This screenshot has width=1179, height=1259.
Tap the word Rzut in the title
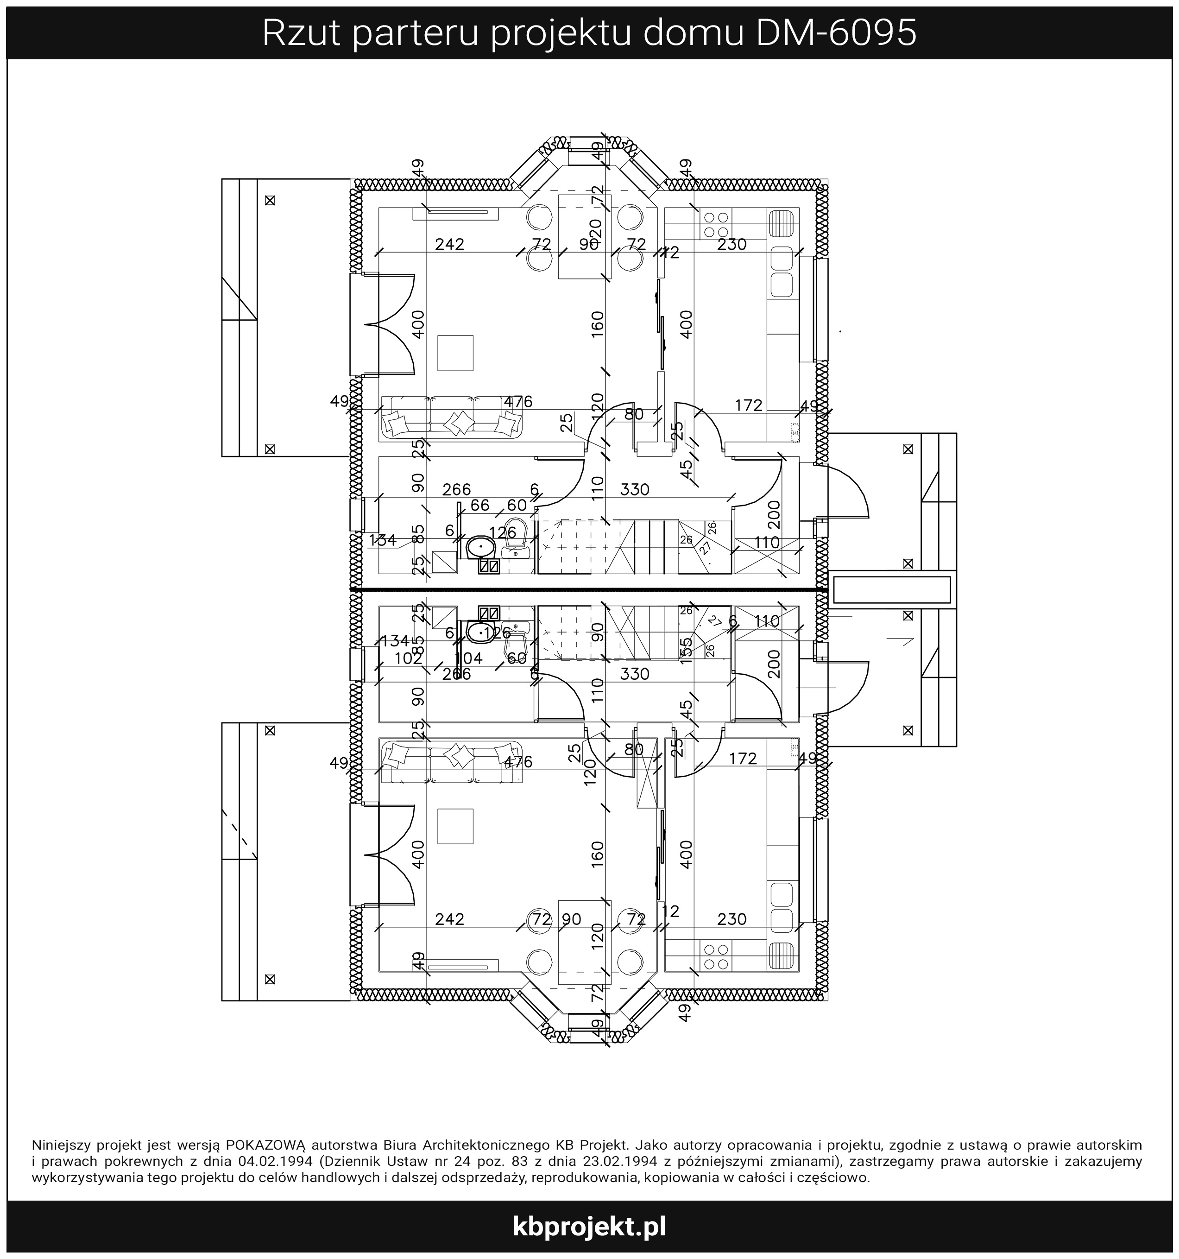[x=297, y=33]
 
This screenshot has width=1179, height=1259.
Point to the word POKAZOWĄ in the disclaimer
[x=266, y=1145]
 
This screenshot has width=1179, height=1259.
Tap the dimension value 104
[x=468, y=658]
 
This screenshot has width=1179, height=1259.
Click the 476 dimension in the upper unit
[x=518, y=401]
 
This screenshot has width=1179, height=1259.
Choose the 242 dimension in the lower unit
[x=450, y=919]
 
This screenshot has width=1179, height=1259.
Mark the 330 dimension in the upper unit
[x=635, y=489]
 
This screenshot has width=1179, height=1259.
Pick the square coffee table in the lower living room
[x=455, y=827]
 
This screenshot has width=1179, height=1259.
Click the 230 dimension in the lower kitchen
[x=732, y=919]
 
